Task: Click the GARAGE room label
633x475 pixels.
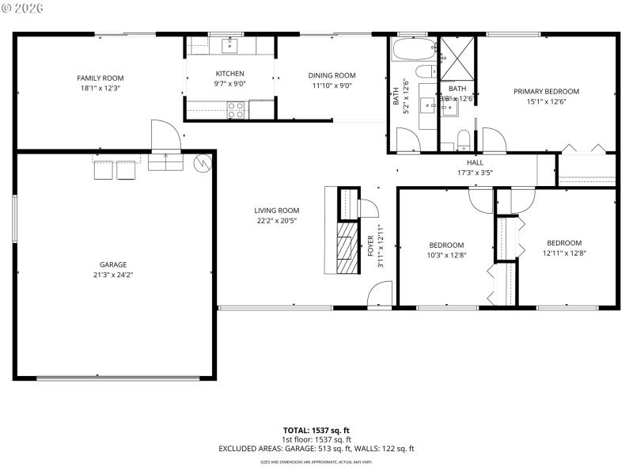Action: (113, 264)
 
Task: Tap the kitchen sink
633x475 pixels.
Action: (229, 46)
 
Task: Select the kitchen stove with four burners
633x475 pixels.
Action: (237, 112)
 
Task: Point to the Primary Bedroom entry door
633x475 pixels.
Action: (493, 141)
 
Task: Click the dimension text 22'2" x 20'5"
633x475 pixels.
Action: (277, 221)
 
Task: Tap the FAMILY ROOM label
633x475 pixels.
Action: (100, 78)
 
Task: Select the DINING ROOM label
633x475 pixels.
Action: (332, 75)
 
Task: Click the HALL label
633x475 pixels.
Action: (475, 162)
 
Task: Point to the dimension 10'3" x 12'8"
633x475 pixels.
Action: (446, 255)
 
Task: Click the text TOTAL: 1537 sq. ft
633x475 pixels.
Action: (316, 430)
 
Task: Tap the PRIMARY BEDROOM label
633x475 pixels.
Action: (546, 91)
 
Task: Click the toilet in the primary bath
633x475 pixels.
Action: (464, 142)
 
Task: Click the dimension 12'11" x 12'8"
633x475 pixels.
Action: (564, 253)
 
